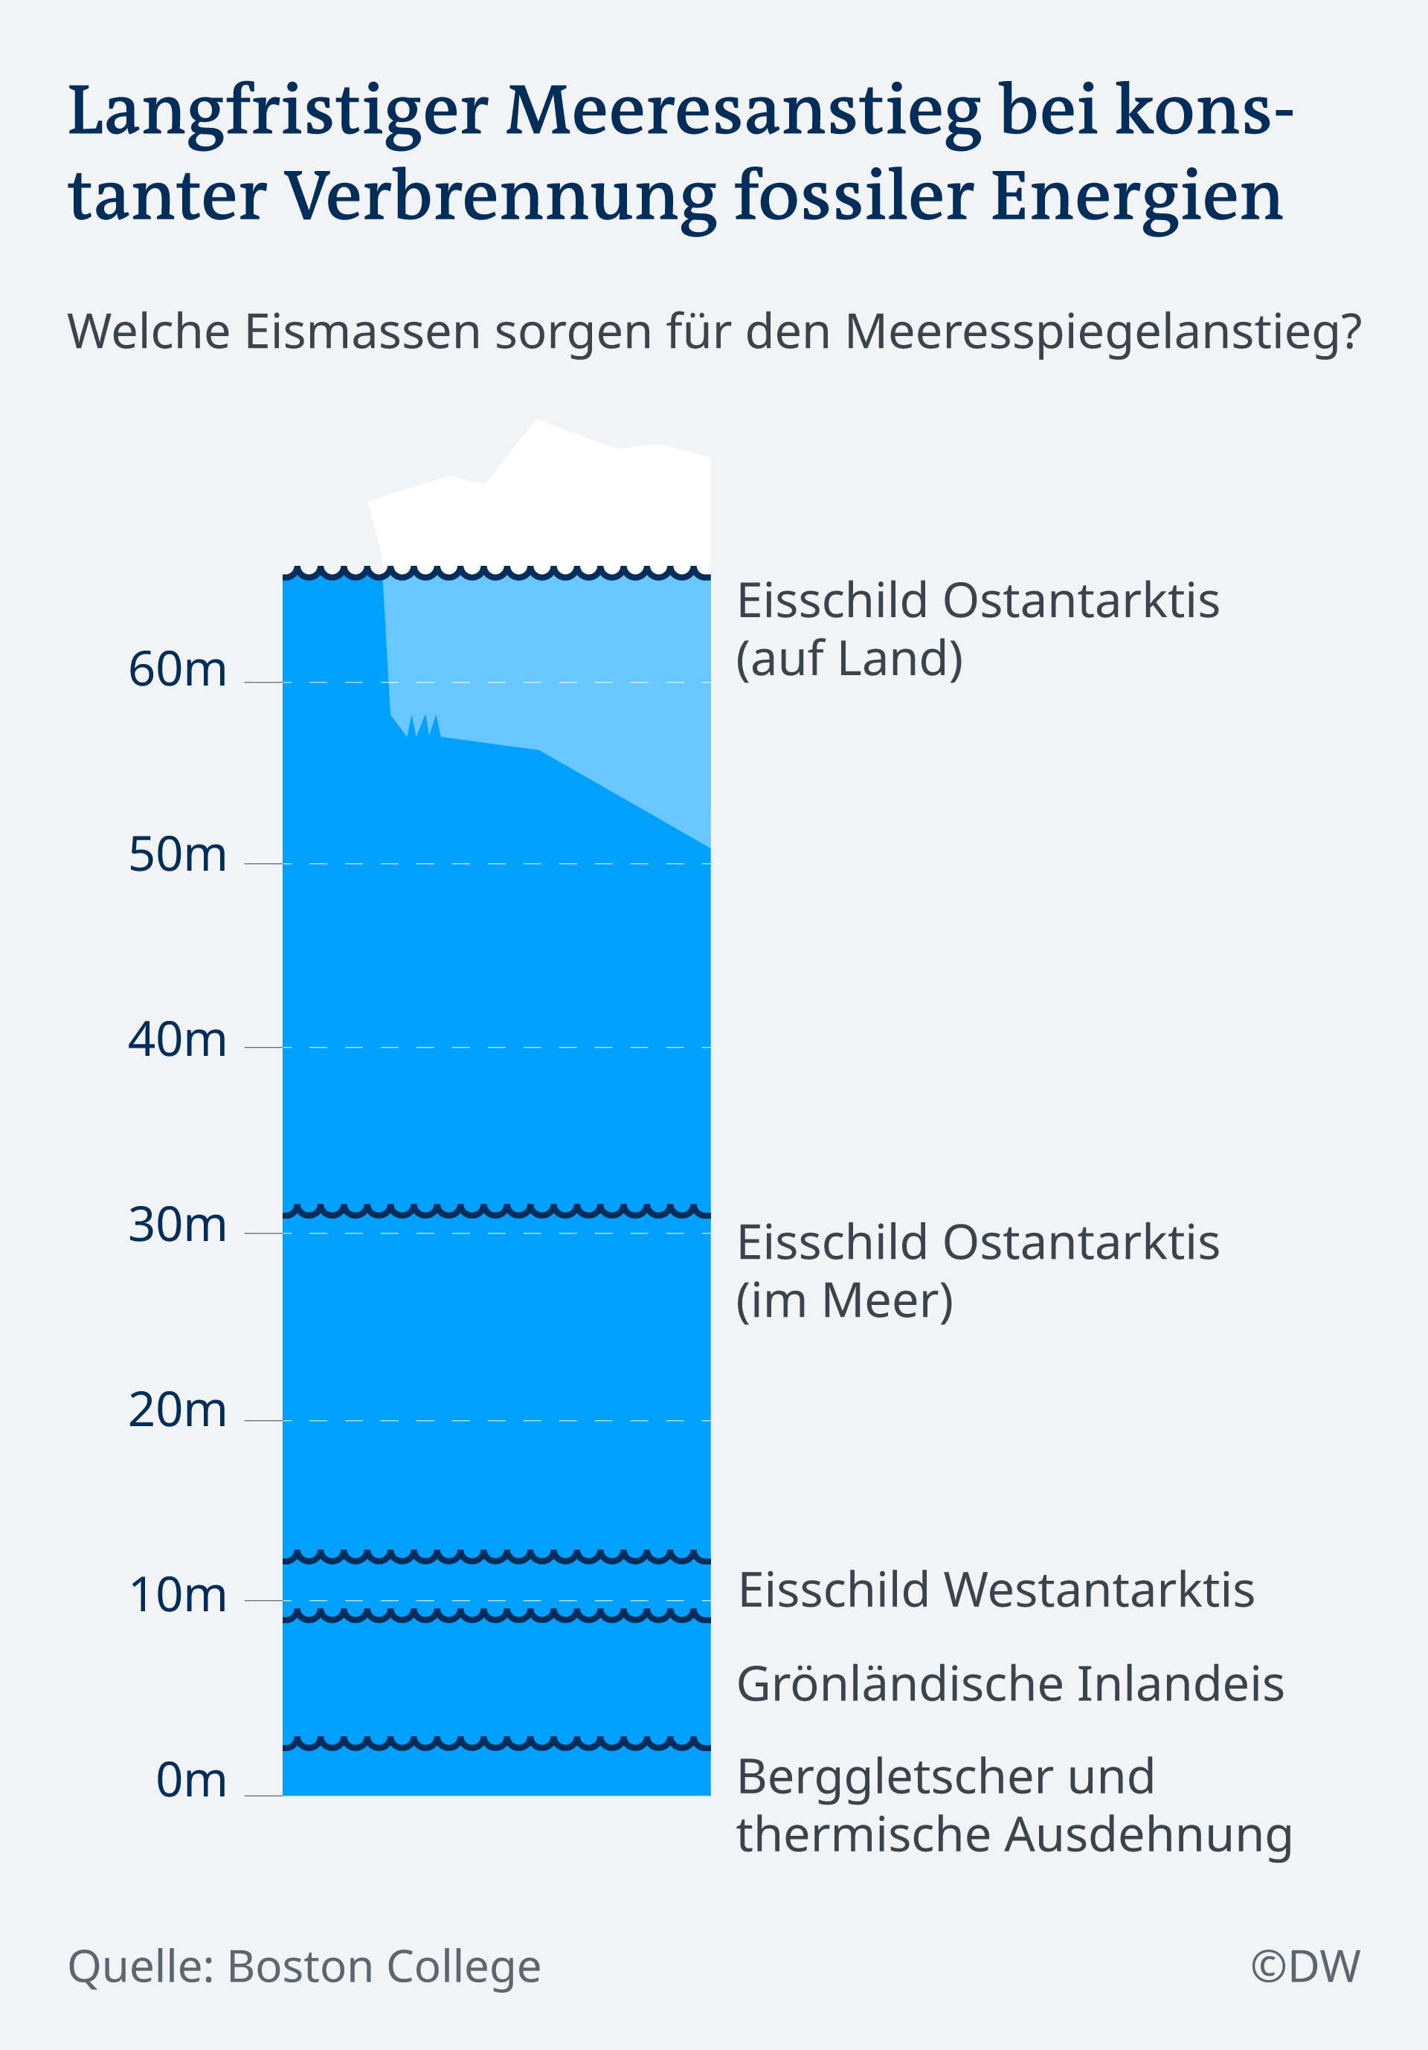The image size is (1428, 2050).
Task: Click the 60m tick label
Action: (x=177, y=670)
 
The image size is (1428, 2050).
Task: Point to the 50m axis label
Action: (x=177, y=854)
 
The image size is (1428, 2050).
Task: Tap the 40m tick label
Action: (x=177, y=1039)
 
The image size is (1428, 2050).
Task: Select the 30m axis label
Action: (x=177, y=1224)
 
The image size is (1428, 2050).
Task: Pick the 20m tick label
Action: (x=177, y=1410)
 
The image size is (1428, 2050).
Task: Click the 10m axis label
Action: (x=177, y=1595)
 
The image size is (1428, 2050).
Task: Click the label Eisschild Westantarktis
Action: (x=996, y=1590)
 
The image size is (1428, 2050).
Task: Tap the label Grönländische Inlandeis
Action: (x=1010, y=1684)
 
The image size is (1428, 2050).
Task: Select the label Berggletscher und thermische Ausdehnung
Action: (x=1014, y=1805)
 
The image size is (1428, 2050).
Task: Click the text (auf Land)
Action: (x=849, y=659)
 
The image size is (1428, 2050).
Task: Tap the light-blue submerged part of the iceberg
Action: (x=571, y=661)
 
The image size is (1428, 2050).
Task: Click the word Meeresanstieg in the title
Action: (x=744, y=112)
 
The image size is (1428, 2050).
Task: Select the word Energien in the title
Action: (x=1136, y=196)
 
